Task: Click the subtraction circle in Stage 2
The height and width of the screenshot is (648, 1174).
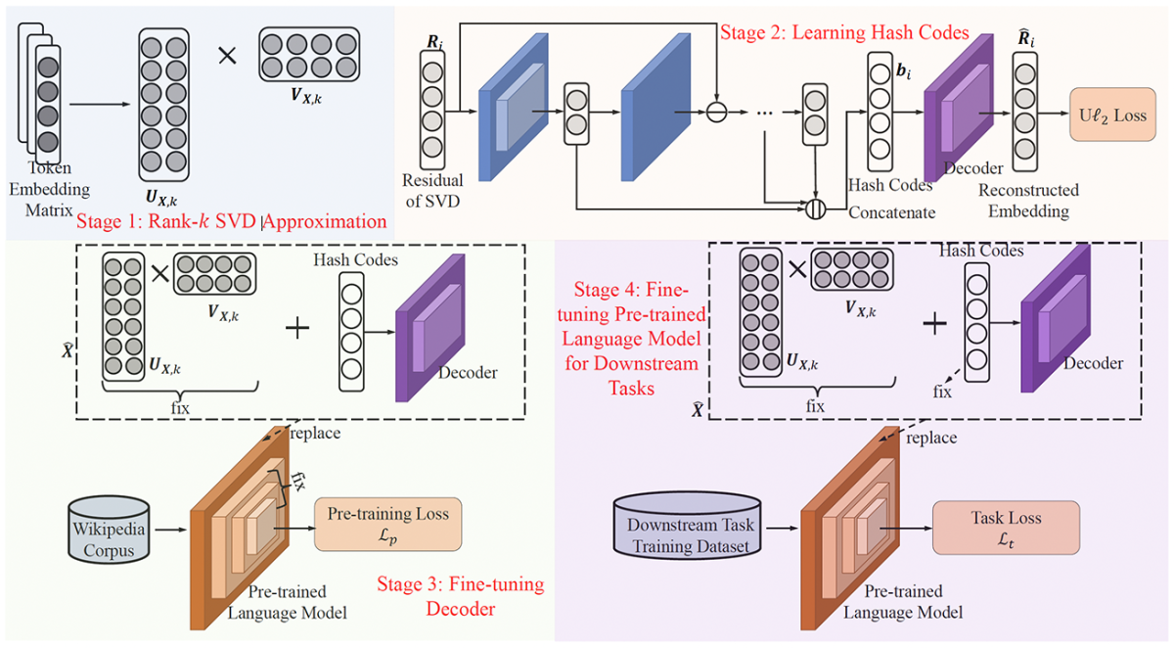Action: (x=717, y=114)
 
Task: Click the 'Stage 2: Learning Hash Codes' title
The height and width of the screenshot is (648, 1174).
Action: (x=843, y=32)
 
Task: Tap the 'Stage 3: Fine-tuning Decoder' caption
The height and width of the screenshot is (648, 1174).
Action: (x=460, y=597)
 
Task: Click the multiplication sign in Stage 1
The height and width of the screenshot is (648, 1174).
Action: (x=228, y=56)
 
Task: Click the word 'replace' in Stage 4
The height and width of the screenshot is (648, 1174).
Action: (x=930, y=438)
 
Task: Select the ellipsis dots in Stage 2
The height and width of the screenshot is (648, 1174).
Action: (x=766, y=114)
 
